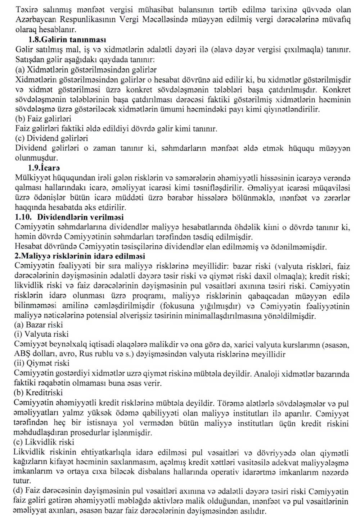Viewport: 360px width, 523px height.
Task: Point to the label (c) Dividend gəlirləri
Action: click(51, 138)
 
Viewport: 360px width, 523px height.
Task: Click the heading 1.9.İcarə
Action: click(44, 168)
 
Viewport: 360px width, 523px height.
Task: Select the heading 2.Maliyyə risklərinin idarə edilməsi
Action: click(80, 256)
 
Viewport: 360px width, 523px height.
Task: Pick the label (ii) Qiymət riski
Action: click(41, 364)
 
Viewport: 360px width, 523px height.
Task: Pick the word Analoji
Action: click(267, 374)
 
